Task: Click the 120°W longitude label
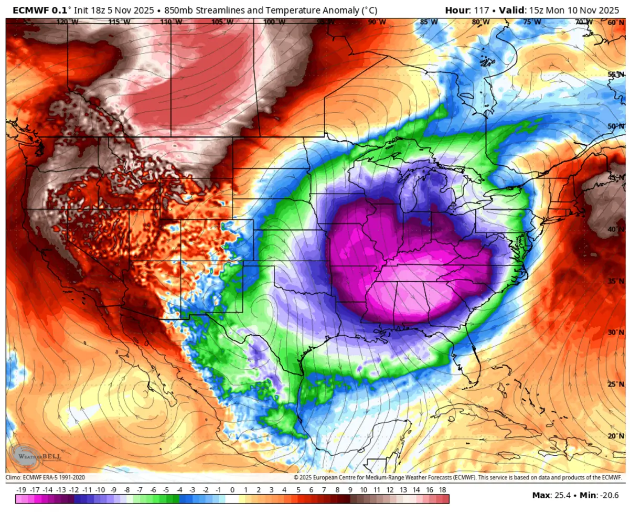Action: point(67,22)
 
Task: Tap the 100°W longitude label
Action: point(274,22)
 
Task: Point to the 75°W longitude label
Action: point(532,22)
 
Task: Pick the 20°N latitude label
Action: point(615,435)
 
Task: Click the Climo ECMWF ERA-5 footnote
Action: point(45,477)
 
